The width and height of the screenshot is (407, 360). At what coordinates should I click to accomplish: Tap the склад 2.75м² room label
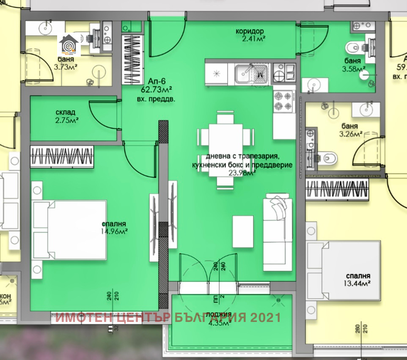click(x=66, y=116)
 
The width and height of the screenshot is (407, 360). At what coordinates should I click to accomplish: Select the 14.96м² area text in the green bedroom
click(x=114, y=231)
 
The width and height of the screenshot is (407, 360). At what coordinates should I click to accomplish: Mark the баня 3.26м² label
click(x=350, y=130)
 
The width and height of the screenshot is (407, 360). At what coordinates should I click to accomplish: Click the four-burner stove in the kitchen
click(x=283, y=101)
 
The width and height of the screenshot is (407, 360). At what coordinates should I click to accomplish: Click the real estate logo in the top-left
click(x=69, y=45)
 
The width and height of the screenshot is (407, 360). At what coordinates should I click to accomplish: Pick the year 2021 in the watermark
click(x=267, y=317)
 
